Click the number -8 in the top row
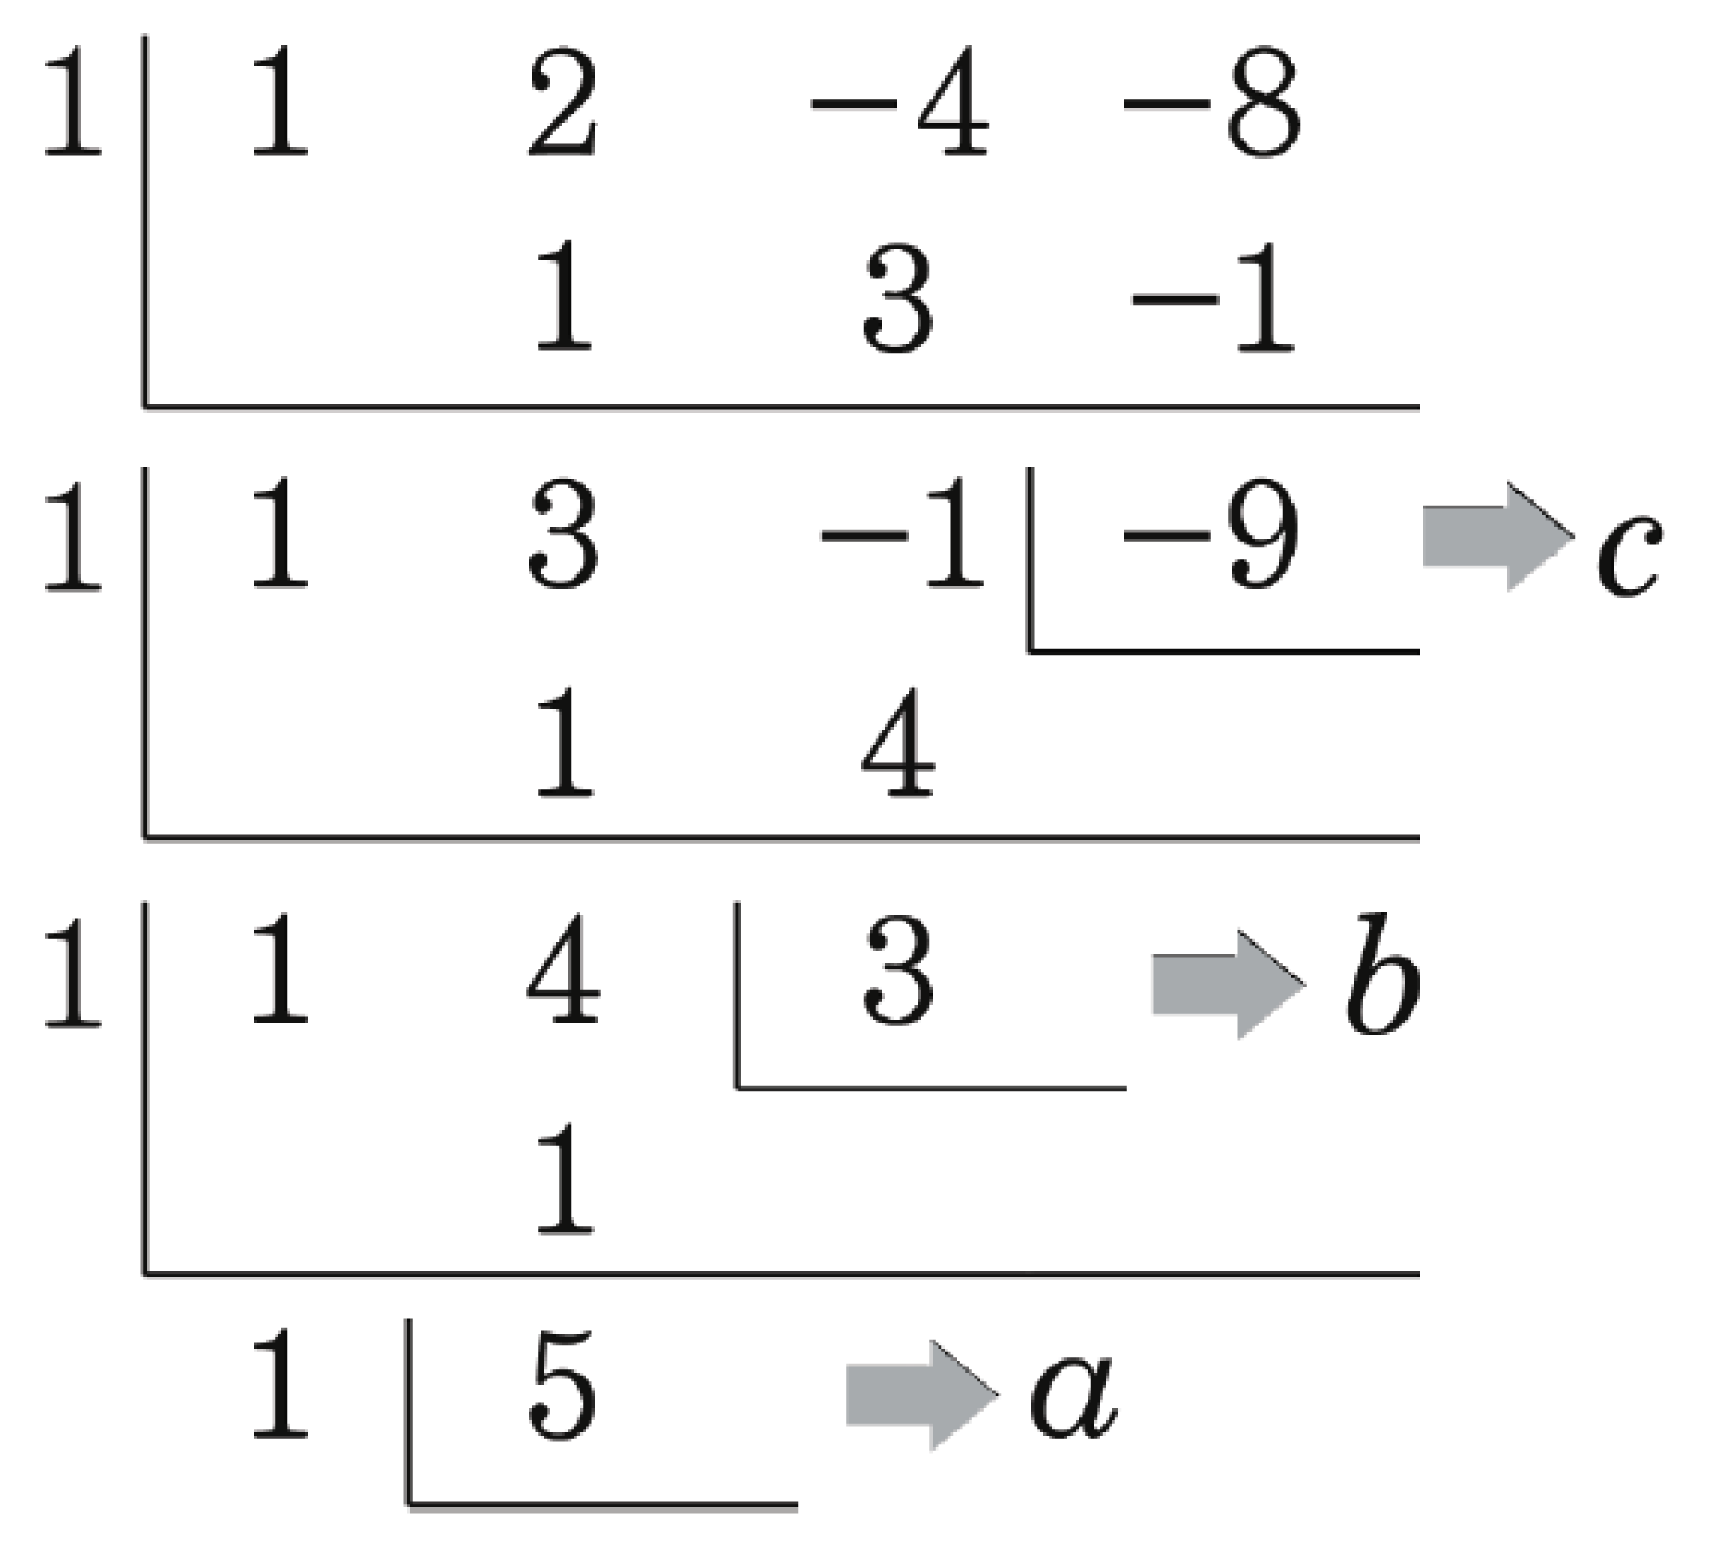pyautogui.click(x=1212, y=103)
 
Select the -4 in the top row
pyautogui.click(x=900, y=103)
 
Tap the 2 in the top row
pyautogui.click(x=563, y=103)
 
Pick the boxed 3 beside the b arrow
pyautogui.click(x=898, y=969)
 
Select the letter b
pyautogui.click(x=1382, y=974)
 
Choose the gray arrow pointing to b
pyautogui.click(x=1228, y=985)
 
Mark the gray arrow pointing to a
pyautogui.click(x=921, y=1395)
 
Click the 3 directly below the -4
pyautogui.click(x=898, y=299)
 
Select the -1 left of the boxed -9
pyautogui.click(x=902, y=534)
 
